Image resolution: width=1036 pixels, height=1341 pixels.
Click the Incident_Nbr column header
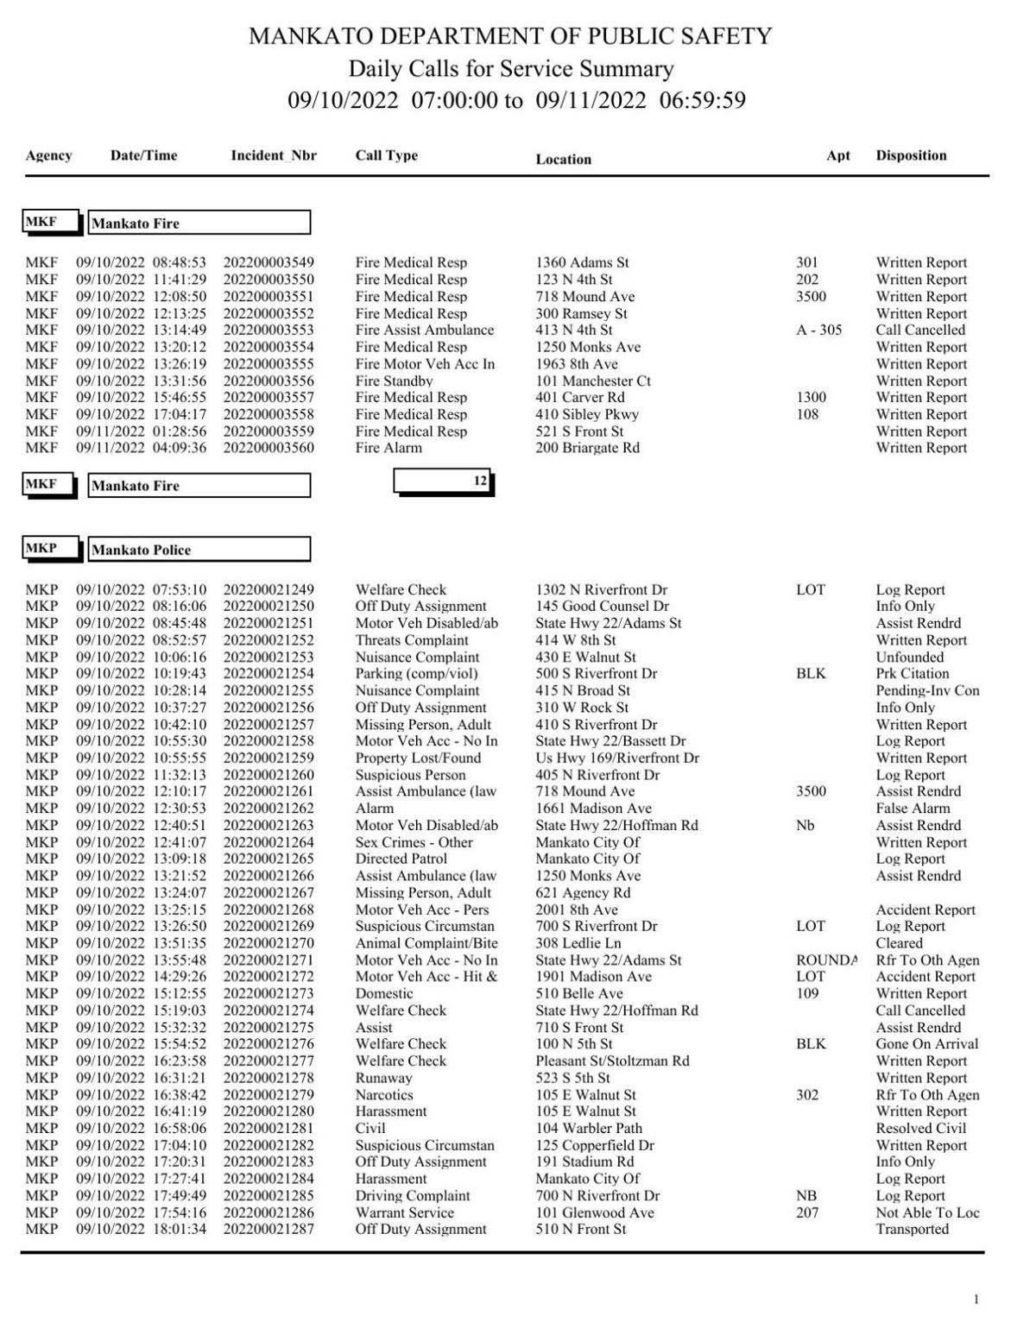pyautogui.click(x=273, y=155)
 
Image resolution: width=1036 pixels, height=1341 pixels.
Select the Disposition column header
pyautogui.click(x=911, y=155)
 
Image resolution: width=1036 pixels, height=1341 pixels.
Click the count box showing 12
pyautogui.click(x=443, y=481)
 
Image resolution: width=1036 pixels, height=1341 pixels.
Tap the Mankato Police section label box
pyautogui.click(x=199, y=550)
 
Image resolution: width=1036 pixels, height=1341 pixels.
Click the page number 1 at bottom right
pyautogui.click(x=976, y=1300)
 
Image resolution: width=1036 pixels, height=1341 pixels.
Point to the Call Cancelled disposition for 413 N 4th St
pyautogui.click(x=920, y=330)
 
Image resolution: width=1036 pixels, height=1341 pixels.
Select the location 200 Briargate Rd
pyautogui.click(x=587, y=448)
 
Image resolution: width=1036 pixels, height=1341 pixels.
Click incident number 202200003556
pyautogui.click(x=268, y=381)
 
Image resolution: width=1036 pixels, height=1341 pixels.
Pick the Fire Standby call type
pyautogui.click(x=394, y=381)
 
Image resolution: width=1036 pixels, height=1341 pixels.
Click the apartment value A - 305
pyautogui.click(x=818, y=330)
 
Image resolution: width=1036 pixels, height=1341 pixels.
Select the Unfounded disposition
pyautogui.click(x=909, y=657)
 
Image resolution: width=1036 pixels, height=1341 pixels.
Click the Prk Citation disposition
pyautogui.click(x=912, y=674)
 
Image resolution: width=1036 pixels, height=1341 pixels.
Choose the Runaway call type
pyautogui.click(x=383, y=1078)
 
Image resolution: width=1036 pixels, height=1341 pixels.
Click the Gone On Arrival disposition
pyautogui.click(x=926, y=1044)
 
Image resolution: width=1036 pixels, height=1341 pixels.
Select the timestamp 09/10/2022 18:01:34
pyautogui.click(x=141, y=1229)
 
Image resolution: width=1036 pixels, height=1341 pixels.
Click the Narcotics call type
pyautogui.click(x=387, y=1094)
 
